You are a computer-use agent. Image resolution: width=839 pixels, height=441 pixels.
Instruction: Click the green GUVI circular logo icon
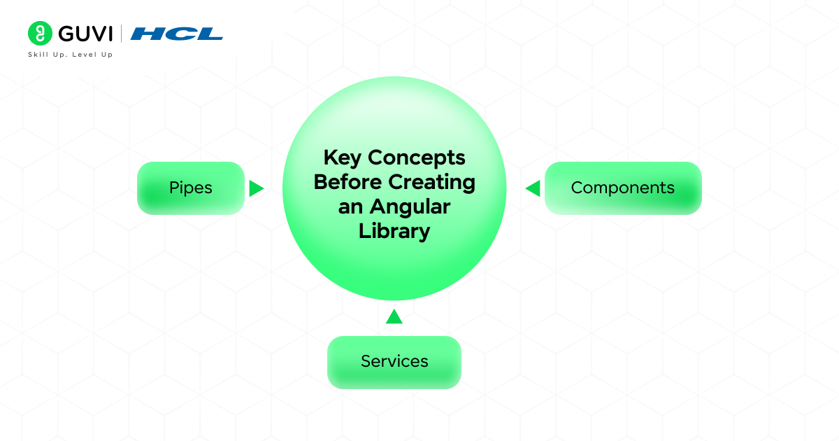coord(40,33)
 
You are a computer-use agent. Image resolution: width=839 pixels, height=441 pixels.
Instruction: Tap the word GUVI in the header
coord(85,33)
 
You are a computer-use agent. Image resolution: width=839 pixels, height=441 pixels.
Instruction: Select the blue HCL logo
coord(176,33)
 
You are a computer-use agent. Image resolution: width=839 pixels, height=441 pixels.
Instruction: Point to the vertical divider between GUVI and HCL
coord(122,33)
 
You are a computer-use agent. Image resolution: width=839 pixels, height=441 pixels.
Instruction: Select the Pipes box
coord(190,188)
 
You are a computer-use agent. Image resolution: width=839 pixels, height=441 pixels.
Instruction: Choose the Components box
coord(622,188)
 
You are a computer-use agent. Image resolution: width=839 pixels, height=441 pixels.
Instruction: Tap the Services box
coord(394,362)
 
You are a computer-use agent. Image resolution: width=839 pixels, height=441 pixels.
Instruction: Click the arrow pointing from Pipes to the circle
coord(256,188)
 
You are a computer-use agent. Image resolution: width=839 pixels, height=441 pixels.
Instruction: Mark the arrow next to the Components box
coord(533,188)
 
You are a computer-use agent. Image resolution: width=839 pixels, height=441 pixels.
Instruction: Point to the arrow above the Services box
coord(394,317)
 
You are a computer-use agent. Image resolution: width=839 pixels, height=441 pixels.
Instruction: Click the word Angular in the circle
coord(409,207)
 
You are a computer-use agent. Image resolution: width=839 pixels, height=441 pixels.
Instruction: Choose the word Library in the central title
coord(394,232)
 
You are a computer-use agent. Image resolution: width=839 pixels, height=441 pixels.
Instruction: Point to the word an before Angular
coord(348,207)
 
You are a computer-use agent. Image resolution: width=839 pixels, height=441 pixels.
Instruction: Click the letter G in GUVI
coord(66,33)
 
